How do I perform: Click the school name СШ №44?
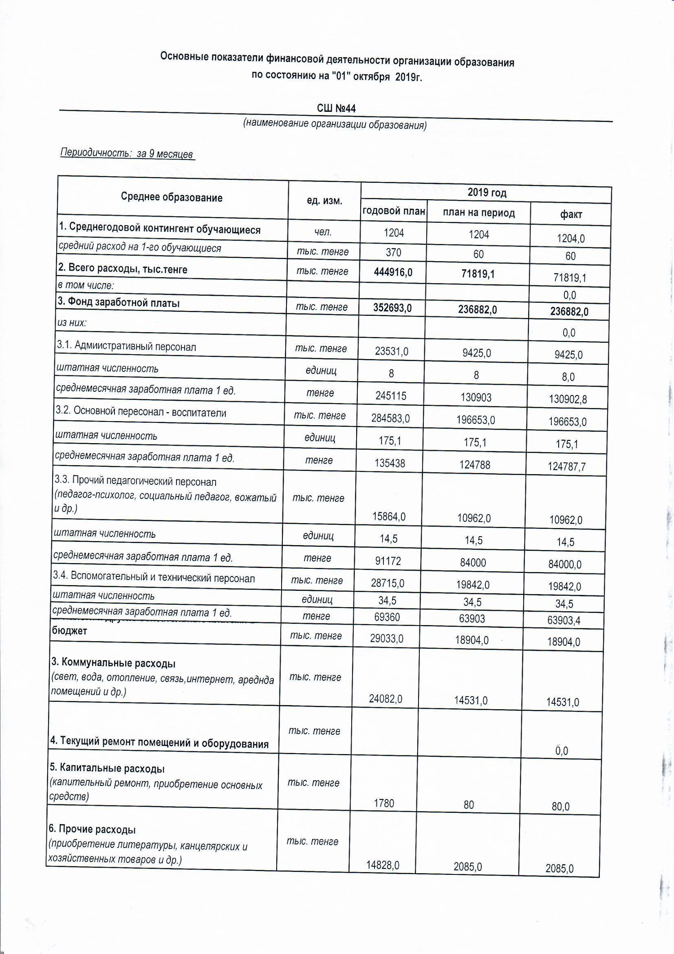click(336, 109)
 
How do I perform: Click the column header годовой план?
click(394, 211)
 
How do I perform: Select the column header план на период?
click(478, 213)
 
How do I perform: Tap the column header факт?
click(571, 215)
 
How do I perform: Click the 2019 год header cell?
click(487, 192)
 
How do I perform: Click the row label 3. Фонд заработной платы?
click(119, 302)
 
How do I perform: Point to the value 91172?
click(388, 561)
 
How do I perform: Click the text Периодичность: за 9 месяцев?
click(127, 153)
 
